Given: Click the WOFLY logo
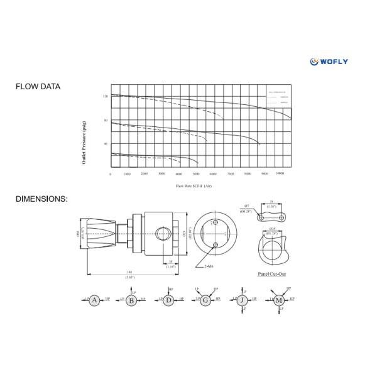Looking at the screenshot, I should pos(329,61).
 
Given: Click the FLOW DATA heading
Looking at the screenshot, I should pos(38,87).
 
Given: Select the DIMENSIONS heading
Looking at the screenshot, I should pos(41,199).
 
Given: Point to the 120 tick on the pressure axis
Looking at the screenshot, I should pos(106,97).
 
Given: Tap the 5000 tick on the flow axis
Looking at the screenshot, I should pos(196,173).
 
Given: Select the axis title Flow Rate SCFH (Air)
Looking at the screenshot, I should pos(194,186).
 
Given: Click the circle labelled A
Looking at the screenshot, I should pos(94,300).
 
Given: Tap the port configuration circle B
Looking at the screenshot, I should pos(131,300).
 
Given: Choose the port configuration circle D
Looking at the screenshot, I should pos(168,300).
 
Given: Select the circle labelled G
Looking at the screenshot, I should pos(205,300).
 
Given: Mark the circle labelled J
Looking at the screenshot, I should pos(241,300).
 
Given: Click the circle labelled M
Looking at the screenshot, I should pos(278,300).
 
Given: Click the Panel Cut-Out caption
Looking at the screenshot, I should pos(273,275).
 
